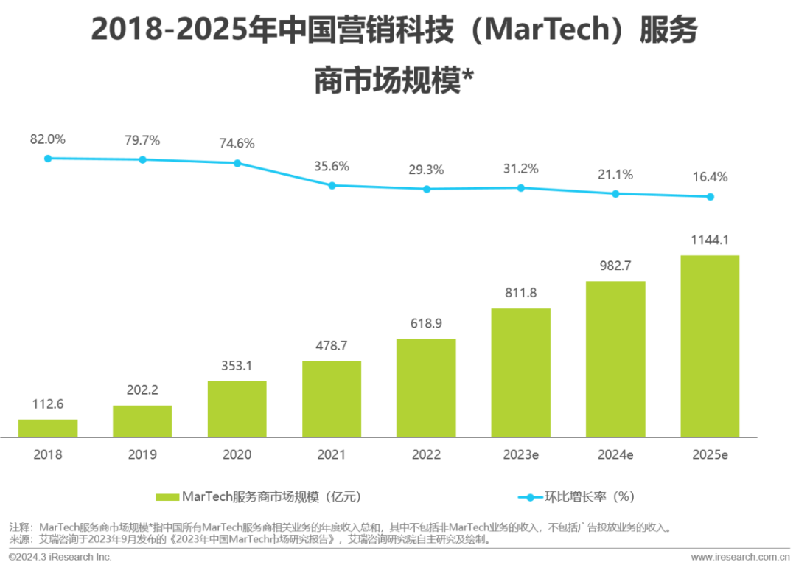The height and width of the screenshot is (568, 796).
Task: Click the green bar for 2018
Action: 48,428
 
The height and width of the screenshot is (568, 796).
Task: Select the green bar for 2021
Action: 332,399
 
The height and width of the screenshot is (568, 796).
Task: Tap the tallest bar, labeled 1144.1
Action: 711,346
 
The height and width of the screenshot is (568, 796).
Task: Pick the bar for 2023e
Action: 521,373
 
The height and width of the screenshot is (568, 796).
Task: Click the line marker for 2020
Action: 237,163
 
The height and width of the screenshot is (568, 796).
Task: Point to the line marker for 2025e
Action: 711,197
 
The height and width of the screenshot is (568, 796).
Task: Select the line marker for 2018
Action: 48,159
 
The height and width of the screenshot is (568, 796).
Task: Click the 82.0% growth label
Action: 48,138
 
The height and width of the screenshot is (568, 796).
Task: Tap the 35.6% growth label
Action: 332,166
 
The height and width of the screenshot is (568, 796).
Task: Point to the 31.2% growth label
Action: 521,168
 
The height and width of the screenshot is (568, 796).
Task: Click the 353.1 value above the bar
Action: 237,366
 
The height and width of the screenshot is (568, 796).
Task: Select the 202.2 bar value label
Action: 142,390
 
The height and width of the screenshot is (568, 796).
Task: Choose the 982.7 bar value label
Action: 616,266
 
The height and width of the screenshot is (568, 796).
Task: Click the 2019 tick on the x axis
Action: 142,455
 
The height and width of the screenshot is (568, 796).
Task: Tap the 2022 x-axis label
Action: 427,455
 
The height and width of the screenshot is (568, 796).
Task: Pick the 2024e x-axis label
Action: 616,455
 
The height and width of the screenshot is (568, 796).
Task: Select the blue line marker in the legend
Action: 529,497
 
